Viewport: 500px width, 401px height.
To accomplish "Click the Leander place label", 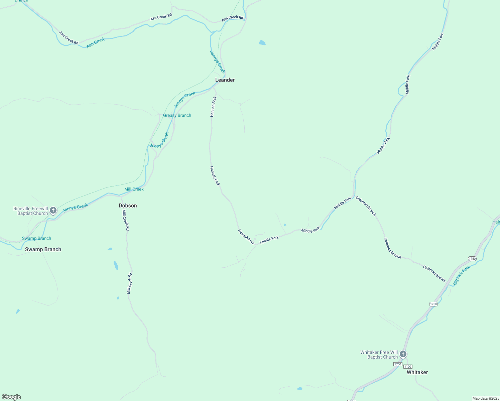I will [x=225, y=80].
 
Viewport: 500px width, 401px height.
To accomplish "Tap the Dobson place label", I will [x=128, y=206].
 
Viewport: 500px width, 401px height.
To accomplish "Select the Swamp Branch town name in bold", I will [x=43, y=249].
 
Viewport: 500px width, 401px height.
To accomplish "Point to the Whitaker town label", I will [x=417, y=372].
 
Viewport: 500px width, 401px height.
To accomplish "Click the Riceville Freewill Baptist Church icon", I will [x=53, y=211].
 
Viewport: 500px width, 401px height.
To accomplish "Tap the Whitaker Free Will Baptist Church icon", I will [x=403, y=354].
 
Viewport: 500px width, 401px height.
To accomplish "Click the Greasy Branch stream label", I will [x=177, y=115].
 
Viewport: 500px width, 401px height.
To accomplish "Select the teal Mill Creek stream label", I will [x=134, y=189].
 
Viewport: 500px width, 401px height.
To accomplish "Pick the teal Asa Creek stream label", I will [x=96, y=43].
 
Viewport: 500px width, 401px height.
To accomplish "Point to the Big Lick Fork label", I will [x=462, y=275].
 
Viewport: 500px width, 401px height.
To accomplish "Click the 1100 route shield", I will [x=407, y=367].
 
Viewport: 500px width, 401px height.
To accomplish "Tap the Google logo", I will [x=11, y=397].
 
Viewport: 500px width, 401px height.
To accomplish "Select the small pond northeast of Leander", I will [x=262, y=43].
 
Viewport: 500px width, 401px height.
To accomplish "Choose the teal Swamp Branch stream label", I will [x=36, y=238].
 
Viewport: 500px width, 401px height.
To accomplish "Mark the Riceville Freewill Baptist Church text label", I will [x=31, y=211].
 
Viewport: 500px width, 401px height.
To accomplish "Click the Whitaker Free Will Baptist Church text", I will [x=379, y=355].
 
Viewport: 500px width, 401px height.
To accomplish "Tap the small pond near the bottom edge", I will [x=299, y=389].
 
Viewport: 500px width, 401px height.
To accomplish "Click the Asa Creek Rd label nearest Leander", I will [x=233, y=18].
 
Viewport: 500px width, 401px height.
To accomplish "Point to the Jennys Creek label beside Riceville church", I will [x=76, y=208].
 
